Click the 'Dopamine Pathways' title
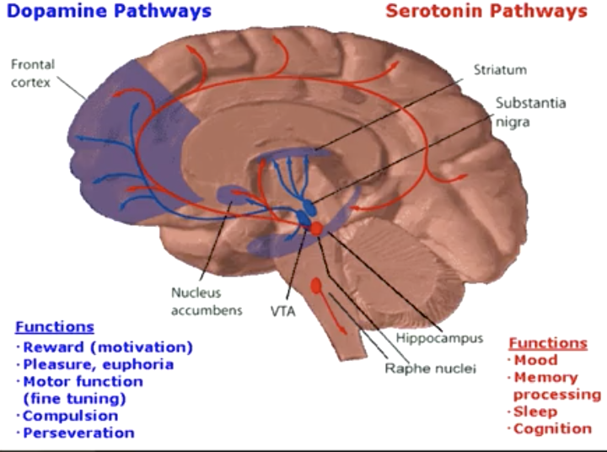(109, 11)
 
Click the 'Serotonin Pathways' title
(486, 11)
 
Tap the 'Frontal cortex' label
(33, 73)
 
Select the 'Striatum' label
(500, 70)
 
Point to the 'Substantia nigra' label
(530, 112)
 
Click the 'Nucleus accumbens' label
(207, 301)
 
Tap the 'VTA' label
(283, 311)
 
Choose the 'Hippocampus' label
(439, 338)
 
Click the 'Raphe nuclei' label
(430, 369)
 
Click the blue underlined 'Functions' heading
(55, 327)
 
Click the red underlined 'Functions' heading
(548, 343)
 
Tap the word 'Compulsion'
(71, 416)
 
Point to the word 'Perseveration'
(78, 433)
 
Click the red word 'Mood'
(536, 360)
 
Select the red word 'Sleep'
(535, 412)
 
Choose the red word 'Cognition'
(552, 428)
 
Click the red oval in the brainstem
(316, 286)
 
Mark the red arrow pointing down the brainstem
(332, 313)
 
